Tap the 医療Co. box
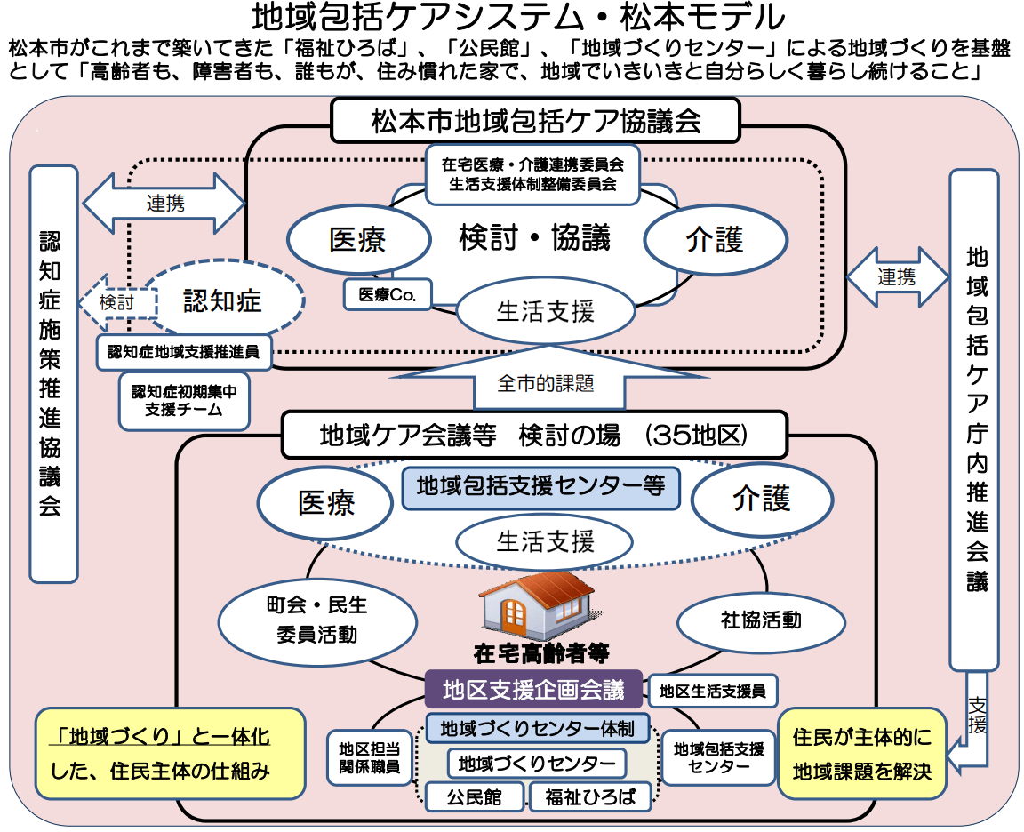click(387, 294)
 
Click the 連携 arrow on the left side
click(164, 204)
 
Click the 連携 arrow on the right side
click(897, 277)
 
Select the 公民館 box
click(475, 796)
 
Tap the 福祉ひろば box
click(590, 796)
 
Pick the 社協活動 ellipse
click(760, 620)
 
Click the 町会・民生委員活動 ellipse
click(317, 620)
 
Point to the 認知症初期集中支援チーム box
click(185, 400)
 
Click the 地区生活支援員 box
click(713, 689)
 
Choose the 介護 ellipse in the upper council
click(715, 240)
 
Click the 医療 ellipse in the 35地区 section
click(326, 503)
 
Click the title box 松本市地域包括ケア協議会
click(535, 120)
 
